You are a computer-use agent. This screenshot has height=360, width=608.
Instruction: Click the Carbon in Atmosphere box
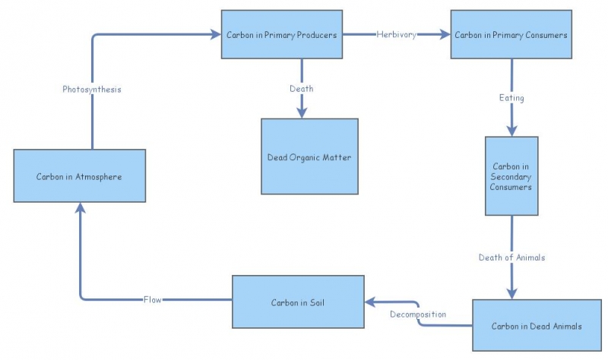79,175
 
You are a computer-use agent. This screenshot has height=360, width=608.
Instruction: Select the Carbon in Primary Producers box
281,34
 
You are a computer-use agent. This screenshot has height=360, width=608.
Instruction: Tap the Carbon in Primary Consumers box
511,34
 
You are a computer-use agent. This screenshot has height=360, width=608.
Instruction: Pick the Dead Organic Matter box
309,156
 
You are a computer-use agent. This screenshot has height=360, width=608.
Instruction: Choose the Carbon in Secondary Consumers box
511,176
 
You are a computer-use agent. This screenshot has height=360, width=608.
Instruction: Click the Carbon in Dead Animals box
526,326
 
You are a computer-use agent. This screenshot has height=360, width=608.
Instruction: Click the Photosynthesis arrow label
92,89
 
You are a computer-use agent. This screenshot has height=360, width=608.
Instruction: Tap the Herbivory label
396,34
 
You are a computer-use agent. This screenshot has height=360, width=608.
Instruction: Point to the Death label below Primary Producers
302,89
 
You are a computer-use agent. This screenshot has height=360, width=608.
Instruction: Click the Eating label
511,98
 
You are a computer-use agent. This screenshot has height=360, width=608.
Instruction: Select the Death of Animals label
511,257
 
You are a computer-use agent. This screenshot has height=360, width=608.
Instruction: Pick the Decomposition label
418,314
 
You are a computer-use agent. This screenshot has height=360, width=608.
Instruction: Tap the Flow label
153,299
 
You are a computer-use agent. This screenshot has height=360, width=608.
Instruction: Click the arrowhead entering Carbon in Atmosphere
80,209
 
